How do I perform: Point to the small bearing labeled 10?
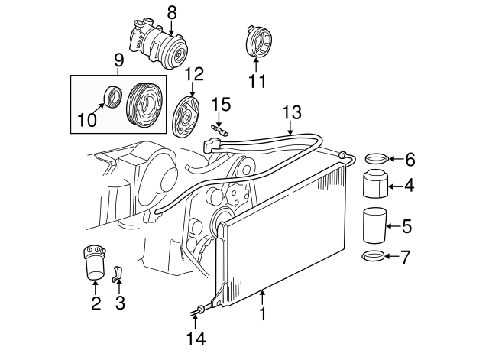coord(112,97)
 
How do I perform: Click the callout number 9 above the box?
coord(118,60)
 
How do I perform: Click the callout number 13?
coord(291,112)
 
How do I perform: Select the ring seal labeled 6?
coord(375,159)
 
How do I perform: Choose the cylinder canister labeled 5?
coord(374,225)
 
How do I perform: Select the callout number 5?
coord(408,225)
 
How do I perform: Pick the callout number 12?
coord(194,74)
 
